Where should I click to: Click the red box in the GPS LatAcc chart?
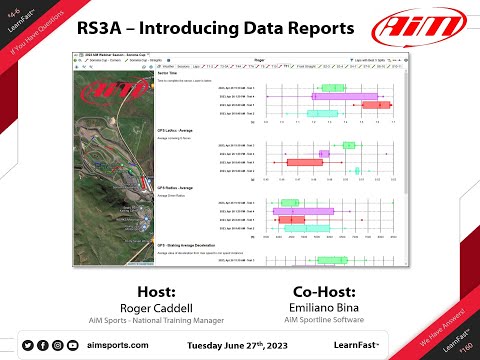pos(299,161)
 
